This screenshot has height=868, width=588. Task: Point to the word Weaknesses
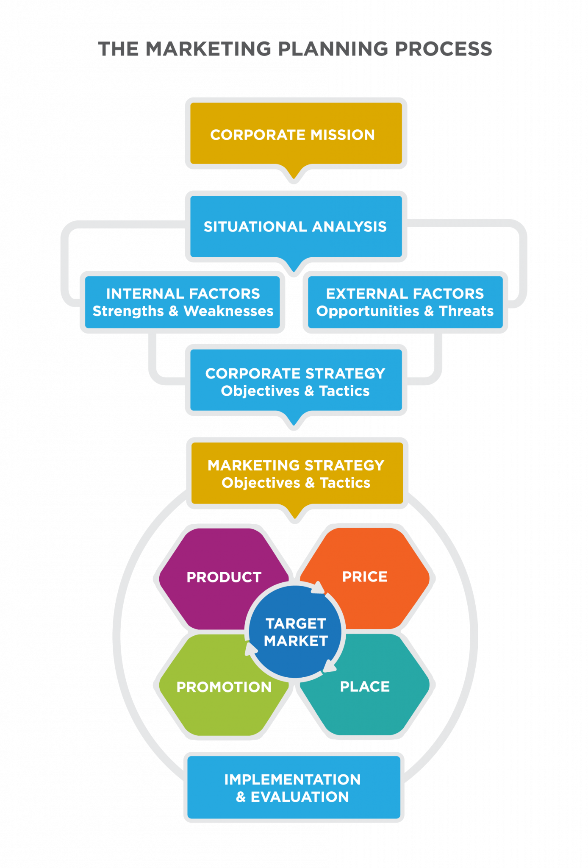(228, 311)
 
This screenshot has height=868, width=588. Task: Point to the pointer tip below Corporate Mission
(294, 180)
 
